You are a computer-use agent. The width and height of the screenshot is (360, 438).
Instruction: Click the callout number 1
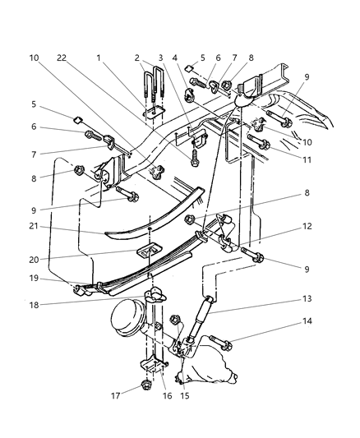point(98,58)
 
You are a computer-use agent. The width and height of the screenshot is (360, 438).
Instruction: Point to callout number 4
point(174,58)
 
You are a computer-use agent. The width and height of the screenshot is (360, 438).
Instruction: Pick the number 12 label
point(306,227)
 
